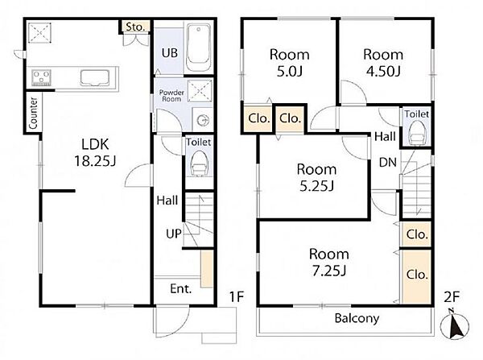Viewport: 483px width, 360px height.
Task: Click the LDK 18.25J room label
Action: click(95, 152)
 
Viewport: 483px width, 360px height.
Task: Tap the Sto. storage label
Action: click(135, 27)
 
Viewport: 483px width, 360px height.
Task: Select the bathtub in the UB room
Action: click(199, 48)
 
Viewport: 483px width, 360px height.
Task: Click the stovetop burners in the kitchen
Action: click(41, 77)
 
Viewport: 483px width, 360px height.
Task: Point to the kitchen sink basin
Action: click(95, 78)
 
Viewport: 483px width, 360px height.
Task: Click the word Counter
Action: click(33, 113)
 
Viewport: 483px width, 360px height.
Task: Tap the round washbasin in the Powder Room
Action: click(203, 119)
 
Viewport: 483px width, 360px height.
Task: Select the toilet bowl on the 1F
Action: click(199, 163)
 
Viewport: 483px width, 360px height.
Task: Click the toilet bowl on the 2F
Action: click(416, 131)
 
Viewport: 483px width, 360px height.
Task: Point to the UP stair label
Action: click(174, 234)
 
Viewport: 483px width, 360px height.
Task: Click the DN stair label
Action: click(388, 162)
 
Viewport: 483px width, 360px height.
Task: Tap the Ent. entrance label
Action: click(181, 289)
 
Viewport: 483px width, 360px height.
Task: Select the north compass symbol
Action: click(455, 325)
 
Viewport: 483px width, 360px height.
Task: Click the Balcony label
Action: click(357, 318)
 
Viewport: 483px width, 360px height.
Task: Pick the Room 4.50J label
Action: click(383, 63)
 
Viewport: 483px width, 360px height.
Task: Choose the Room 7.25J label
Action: click(329, 263)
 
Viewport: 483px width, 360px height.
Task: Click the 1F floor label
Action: click(237, 297)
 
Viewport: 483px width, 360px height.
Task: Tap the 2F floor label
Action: click(452, 297)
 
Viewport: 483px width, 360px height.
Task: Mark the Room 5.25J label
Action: click(316, 178)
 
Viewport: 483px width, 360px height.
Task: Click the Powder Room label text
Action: click(171, 96)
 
